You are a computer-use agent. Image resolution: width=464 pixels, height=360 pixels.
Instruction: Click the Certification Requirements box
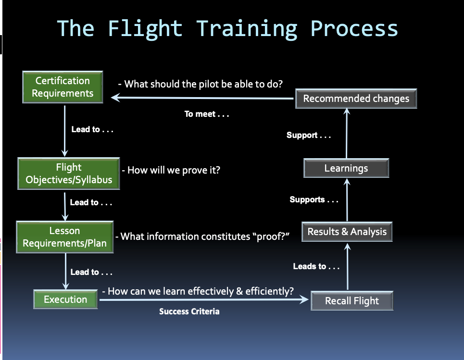(63, 87)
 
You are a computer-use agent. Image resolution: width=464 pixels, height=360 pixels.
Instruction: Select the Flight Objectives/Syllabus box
(69, 174)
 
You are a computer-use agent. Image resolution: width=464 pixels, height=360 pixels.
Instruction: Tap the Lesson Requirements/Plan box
(64, 237)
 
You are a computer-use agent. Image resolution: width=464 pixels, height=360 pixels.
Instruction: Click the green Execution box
(65, 299)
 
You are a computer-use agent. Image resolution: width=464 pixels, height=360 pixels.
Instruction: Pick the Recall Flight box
(352, 301)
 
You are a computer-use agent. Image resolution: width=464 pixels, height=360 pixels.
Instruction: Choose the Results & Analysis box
(347, 232)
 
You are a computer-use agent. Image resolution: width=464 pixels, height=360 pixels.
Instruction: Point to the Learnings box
(346, 168)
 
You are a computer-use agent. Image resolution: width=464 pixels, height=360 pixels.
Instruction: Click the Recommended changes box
(356, 99)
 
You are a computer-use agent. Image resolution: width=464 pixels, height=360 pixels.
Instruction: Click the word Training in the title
(247, 28)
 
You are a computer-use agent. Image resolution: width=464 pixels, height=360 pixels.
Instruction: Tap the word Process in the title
(354, 28)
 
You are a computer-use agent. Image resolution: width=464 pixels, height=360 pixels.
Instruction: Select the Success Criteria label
(189, 311)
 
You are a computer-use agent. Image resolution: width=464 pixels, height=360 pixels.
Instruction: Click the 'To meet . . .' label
(207, 114)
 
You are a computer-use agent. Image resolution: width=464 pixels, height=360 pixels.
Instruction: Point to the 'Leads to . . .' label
(316, 266)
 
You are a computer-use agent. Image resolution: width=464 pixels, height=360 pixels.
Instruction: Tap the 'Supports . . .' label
(314, 199)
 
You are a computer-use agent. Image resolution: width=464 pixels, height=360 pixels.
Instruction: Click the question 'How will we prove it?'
(173, 170)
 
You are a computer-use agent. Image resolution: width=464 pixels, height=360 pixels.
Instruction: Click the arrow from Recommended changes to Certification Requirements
(202, 98)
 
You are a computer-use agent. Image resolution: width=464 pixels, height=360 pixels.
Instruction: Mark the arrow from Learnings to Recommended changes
(346, 135)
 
